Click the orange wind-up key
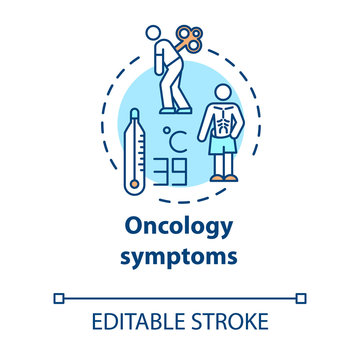click(x=188, y=40)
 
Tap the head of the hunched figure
click(x=158, y=34)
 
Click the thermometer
click(x=134, y=150)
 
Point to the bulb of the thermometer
click(x=134, y=177)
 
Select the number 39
click(x=177, y=171)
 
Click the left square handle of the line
click(x=58, y=297)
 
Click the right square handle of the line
click(x=303, y=297)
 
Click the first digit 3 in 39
click(x=169, y=171)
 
